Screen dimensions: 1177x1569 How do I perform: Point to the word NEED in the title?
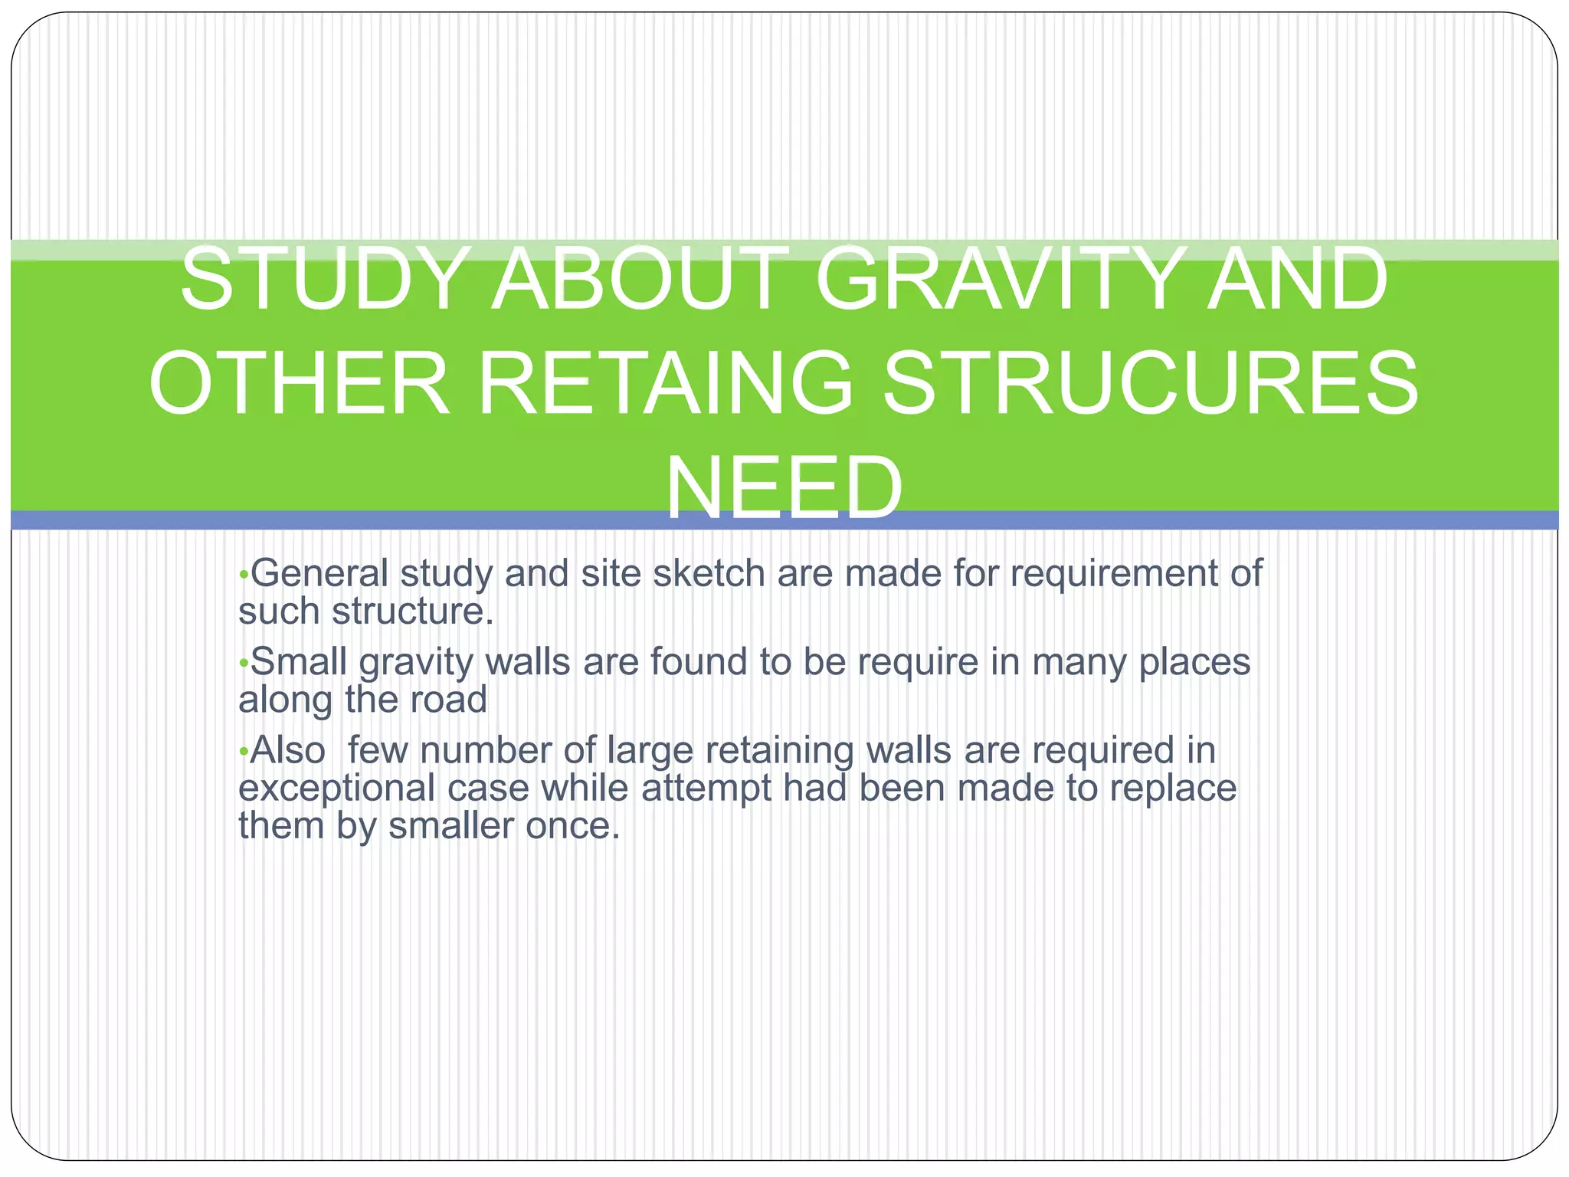coord(784,487)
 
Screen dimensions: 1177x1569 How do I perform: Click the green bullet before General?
coord(243,575)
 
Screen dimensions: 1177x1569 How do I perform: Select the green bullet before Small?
coord(243,663)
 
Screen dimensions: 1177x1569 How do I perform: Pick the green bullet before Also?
coord(243,752)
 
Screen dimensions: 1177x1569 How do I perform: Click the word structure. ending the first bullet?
coord(412,611)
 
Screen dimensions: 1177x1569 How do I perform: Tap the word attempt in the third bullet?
coord(706,788)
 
